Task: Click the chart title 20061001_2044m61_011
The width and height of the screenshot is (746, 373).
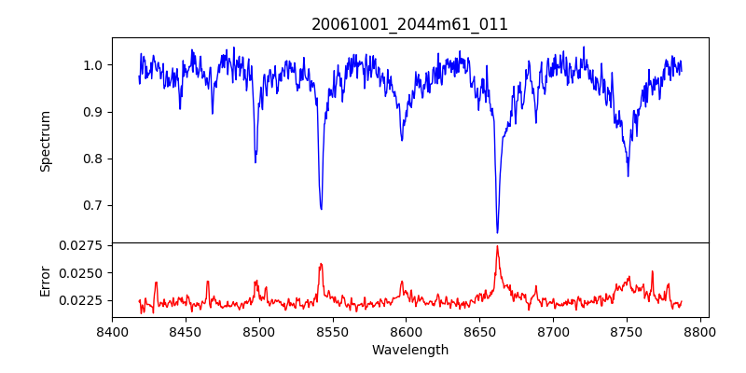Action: point(409,24)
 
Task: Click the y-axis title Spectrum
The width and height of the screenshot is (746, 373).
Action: point(45,141)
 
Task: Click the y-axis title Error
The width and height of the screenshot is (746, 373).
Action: point(45,281)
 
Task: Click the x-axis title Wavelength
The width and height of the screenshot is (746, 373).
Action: point(409,351)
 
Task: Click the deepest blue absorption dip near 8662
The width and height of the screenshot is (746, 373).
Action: point(497,232)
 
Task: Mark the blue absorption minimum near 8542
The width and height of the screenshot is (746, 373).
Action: point(321,209)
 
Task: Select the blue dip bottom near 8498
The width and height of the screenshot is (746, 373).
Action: point(256,162)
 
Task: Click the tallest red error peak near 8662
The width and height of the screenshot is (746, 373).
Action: point(497,246)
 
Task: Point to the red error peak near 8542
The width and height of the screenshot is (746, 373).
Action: point(321,264)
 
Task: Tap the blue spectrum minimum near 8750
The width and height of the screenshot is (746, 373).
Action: point(628,175)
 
